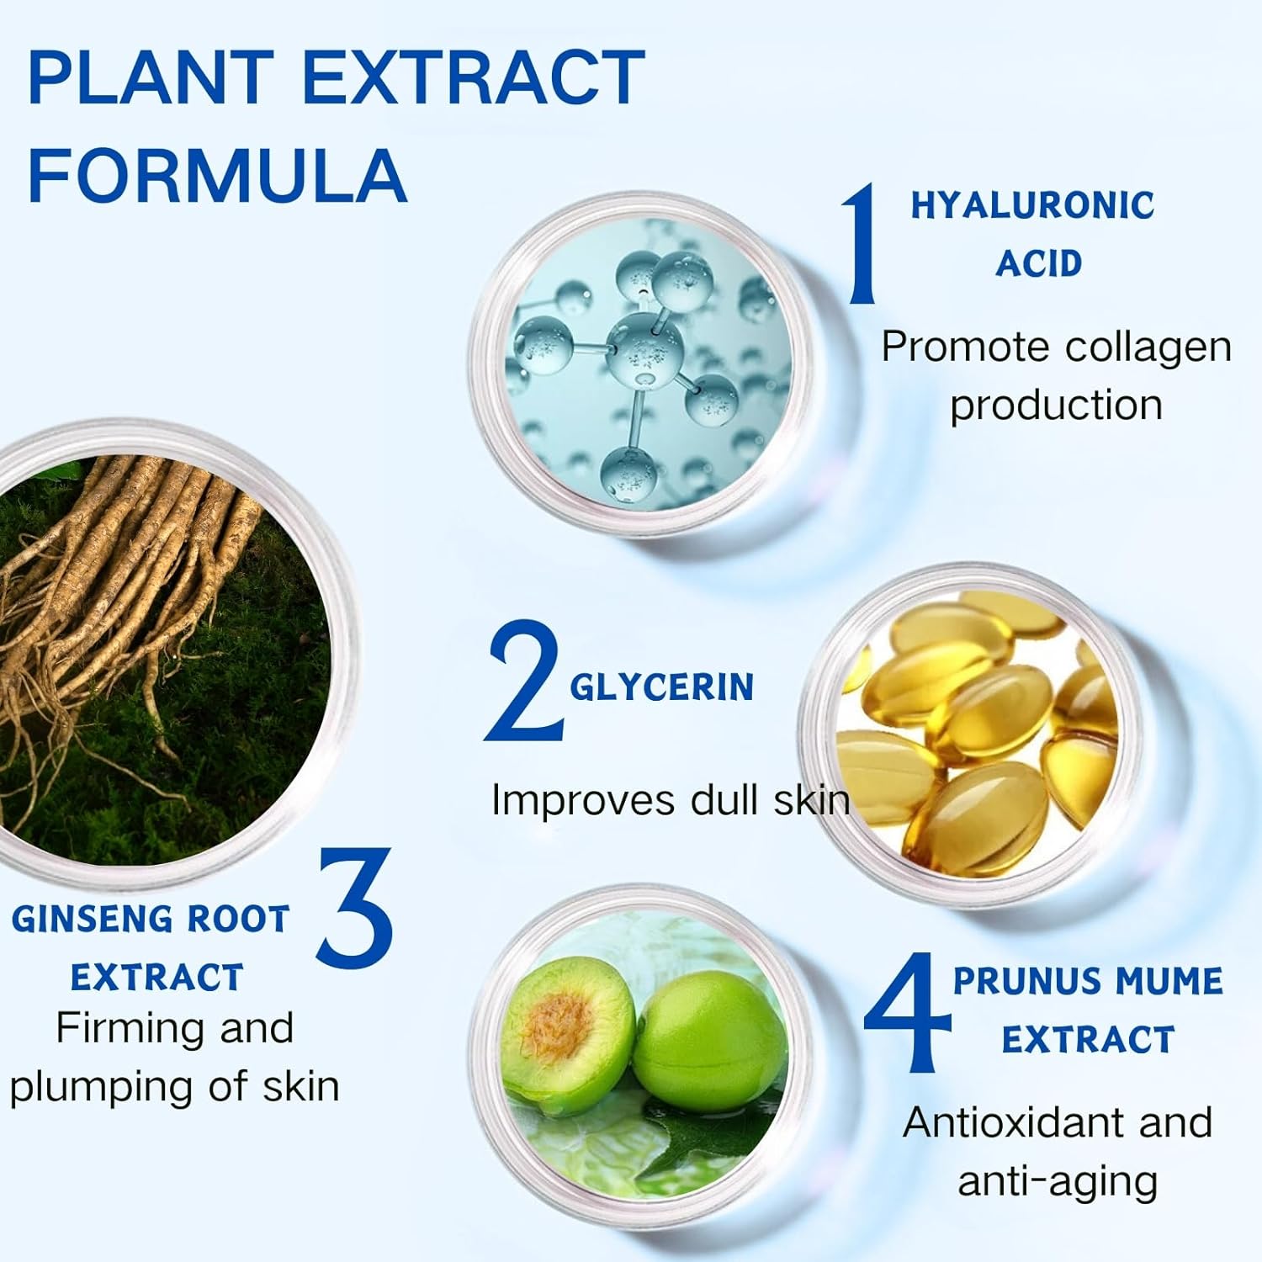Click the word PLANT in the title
(x=152, y=78)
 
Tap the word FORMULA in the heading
(x=218, y=175)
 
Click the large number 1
(x=864, y=245)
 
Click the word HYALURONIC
(x=1033, y=205)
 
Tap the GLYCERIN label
(x=661, y=687)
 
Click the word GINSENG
(x=91, y=919)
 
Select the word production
(x=1056, y=406)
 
